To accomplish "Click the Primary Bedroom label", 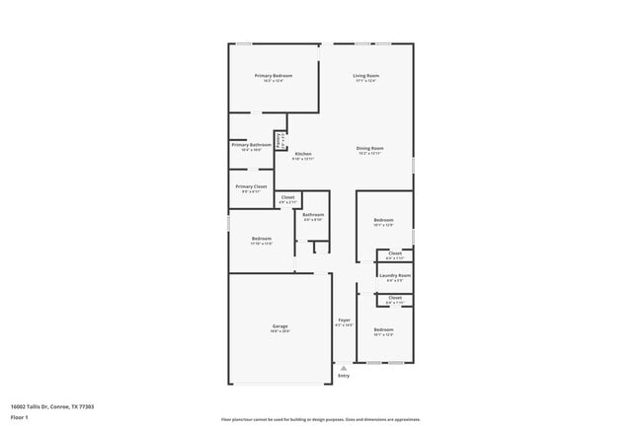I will (274, 75).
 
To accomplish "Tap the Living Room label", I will (366, 75).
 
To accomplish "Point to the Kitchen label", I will (302, 154).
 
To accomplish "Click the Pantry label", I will (281, 140).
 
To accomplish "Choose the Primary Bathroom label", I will (252, 145).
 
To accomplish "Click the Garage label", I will (281, 326).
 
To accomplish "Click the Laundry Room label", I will (395, 275).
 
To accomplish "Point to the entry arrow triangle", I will (344, 367).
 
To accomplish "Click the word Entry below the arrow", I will (344, 376).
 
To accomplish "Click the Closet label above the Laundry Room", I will (395, 253).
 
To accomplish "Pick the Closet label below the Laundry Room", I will (395, 297).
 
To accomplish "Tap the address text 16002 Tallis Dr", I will (52, 405).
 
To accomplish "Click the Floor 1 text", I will (19, 417).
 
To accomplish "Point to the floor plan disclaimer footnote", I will (321, 418).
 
